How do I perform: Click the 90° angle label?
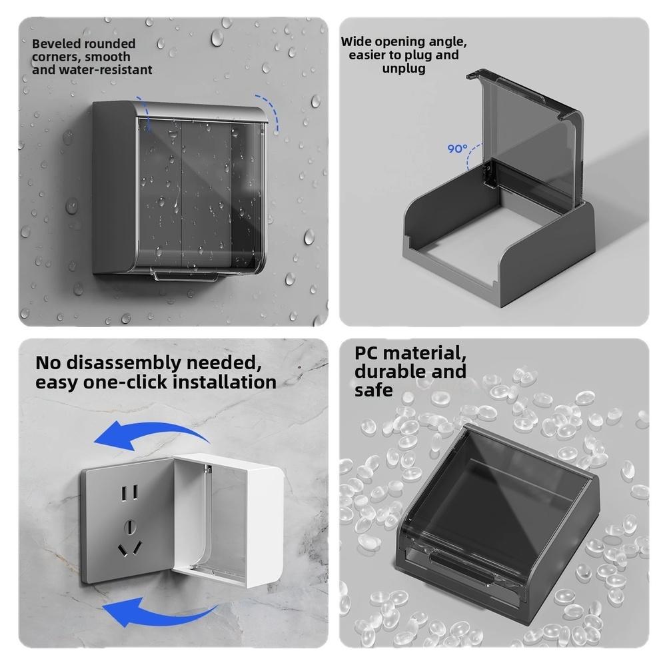click(x=457, y=149)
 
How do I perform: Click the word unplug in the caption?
click(x=404, y=69)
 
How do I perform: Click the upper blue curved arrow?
click(x=151, y=432)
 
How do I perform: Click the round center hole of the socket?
click(x=130, y=528)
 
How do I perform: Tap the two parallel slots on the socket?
click(x=129, y=493)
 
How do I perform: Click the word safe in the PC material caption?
click(x=374, y=390)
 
